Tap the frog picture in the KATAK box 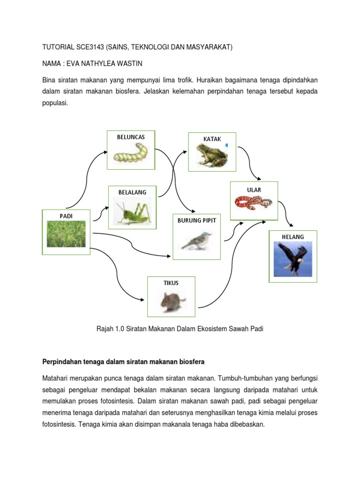click(x=212, y=155)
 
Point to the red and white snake click(x=254, y=203)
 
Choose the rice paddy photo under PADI click(x=66, y=234)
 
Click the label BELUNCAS click(x=131, y=137)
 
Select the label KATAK click(x=212, y=139)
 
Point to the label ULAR click(x=254, y=190)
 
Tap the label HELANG click(x=293, y=237)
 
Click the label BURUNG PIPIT click(x=196, y=220)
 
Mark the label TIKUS click(x=171, y=283)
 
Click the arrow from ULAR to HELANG click(x=287, y=216)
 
